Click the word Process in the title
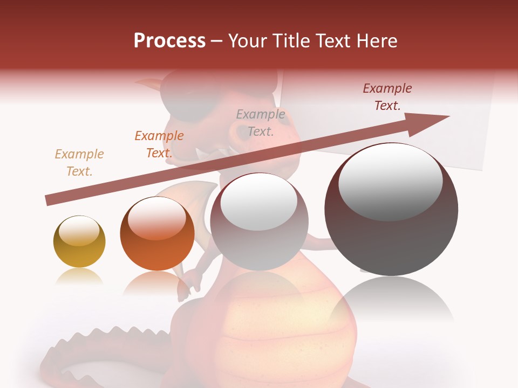pos(169,41)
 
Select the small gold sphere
pos(79,241)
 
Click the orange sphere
pos(157,234)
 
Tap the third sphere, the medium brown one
pos(260,222)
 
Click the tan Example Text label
pos(79,163)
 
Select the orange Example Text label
pos(159,144)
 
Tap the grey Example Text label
pos(261,122)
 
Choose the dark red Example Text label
pos(387,97)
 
